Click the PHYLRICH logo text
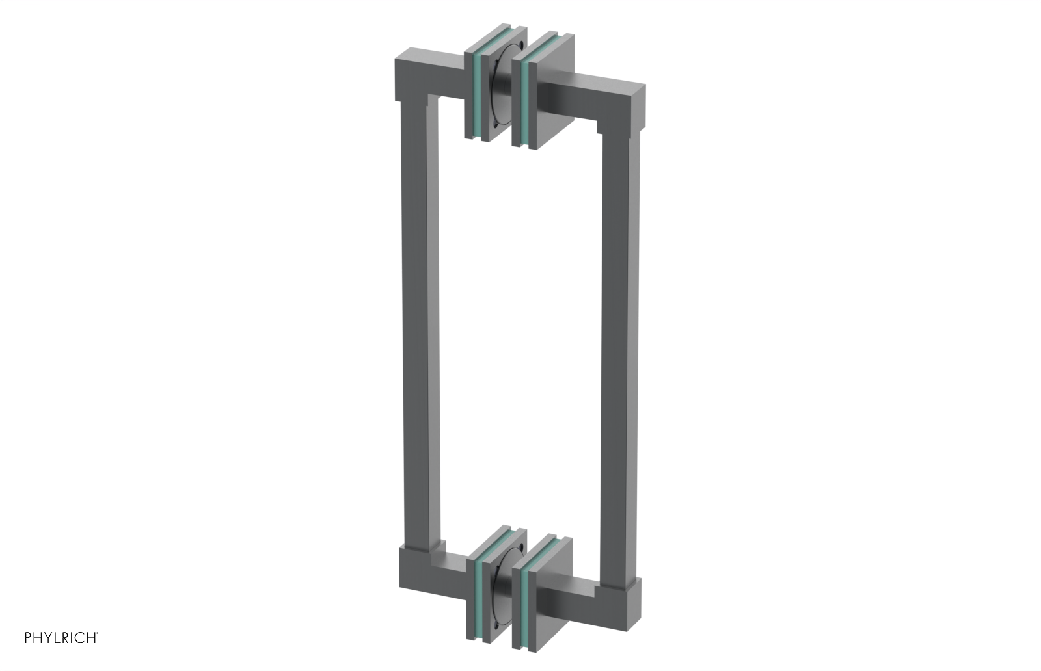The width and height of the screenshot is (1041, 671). click(x=61, y=638)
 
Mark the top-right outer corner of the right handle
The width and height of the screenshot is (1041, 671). click(x=645, y=85)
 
